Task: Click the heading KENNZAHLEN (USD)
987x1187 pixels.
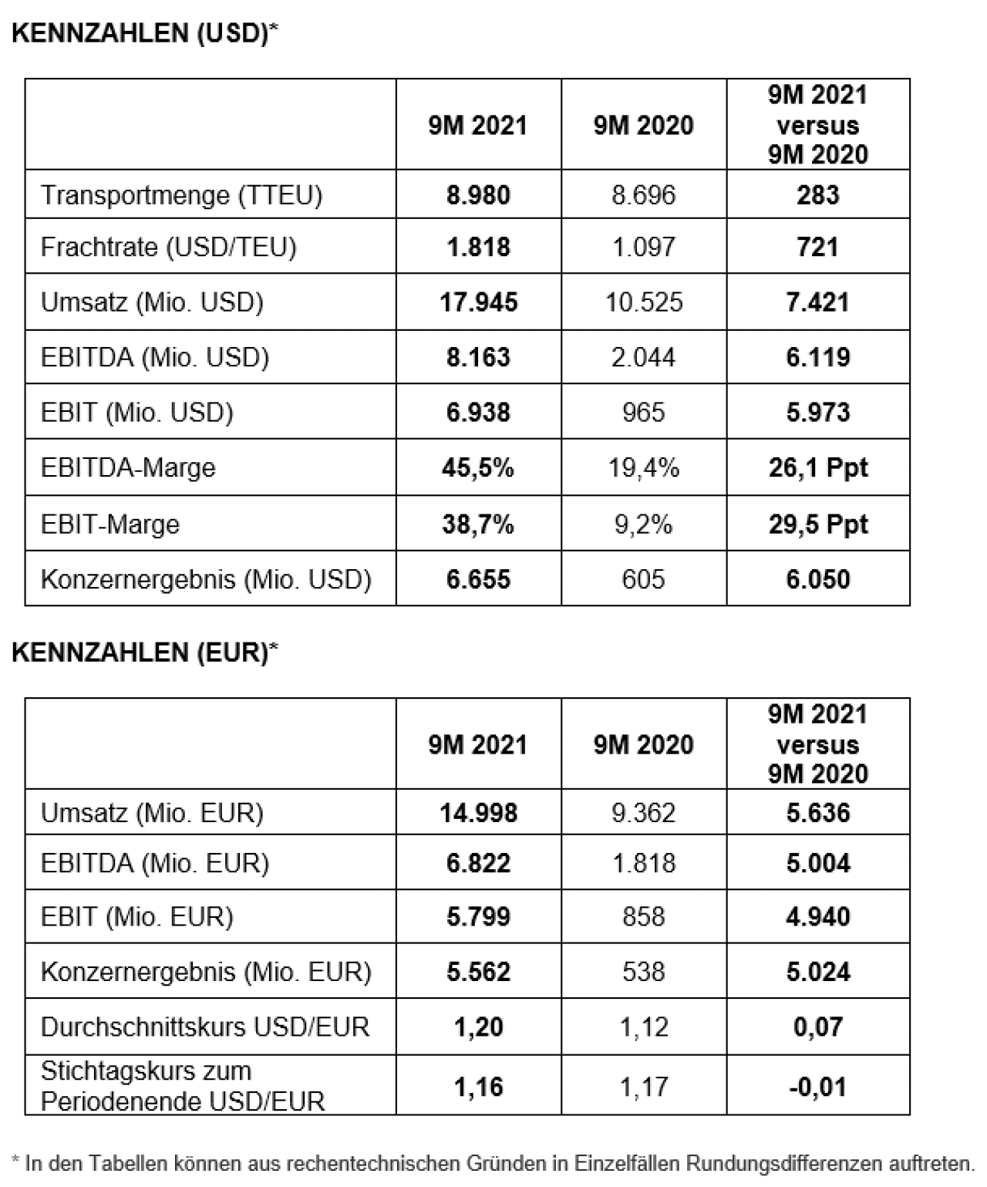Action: [144, 34]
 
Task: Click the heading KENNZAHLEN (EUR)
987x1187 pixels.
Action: [144, 653]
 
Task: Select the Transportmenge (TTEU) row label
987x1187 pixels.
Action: [181, 195]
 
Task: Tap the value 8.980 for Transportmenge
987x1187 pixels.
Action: [478, 195]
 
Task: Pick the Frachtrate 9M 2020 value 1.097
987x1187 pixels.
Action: [643, 247]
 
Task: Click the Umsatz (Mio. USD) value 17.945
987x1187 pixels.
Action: [478, 302]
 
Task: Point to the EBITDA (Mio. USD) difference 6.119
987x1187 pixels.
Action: [817, 357]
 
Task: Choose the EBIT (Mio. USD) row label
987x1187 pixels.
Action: [136, 413]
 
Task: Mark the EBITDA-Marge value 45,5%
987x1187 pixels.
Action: [478, 467]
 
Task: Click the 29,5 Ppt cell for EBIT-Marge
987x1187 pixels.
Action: [817, 524]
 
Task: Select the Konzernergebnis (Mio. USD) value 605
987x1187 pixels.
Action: [643, 579]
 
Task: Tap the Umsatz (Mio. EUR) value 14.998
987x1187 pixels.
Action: [478, 813]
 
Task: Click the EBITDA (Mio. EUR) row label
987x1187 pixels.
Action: [154, 863]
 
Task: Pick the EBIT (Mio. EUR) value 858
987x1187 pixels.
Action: [643, 917]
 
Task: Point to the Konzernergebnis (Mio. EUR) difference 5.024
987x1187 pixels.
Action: [817, 972]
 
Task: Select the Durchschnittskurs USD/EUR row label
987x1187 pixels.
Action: [204, 1027]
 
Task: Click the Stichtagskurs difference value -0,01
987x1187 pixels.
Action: [817, 1088]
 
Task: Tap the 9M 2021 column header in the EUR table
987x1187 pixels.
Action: [478, 745]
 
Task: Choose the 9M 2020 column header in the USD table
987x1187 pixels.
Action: [643, 126]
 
